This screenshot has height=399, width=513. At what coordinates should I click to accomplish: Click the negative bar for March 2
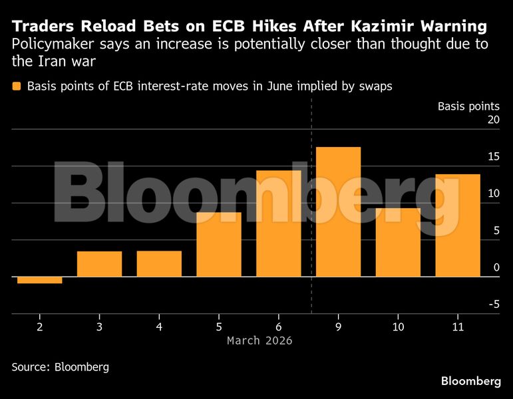39,280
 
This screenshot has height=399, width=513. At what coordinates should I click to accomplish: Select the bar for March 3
99,264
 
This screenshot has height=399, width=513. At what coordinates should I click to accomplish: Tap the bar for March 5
219,244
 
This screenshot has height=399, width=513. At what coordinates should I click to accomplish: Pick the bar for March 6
278,223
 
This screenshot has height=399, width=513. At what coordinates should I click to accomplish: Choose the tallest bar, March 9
338,211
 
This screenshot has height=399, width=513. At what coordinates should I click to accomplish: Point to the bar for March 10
398,242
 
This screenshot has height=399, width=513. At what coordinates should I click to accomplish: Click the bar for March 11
458,225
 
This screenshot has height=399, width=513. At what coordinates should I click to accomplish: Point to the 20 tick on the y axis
492,120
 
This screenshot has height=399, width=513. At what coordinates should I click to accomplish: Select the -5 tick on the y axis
492,304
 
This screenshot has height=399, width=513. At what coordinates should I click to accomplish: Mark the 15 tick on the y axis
492,157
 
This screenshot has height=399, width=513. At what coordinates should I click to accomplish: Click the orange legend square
16,86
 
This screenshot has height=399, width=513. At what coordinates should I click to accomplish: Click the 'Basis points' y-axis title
468,106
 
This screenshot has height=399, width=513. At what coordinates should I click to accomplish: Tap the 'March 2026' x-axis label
259,340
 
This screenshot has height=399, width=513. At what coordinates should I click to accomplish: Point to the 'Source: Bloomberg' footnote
61,366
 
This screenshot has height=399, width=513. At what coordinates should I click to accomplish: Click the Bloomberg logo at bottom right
471,381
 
